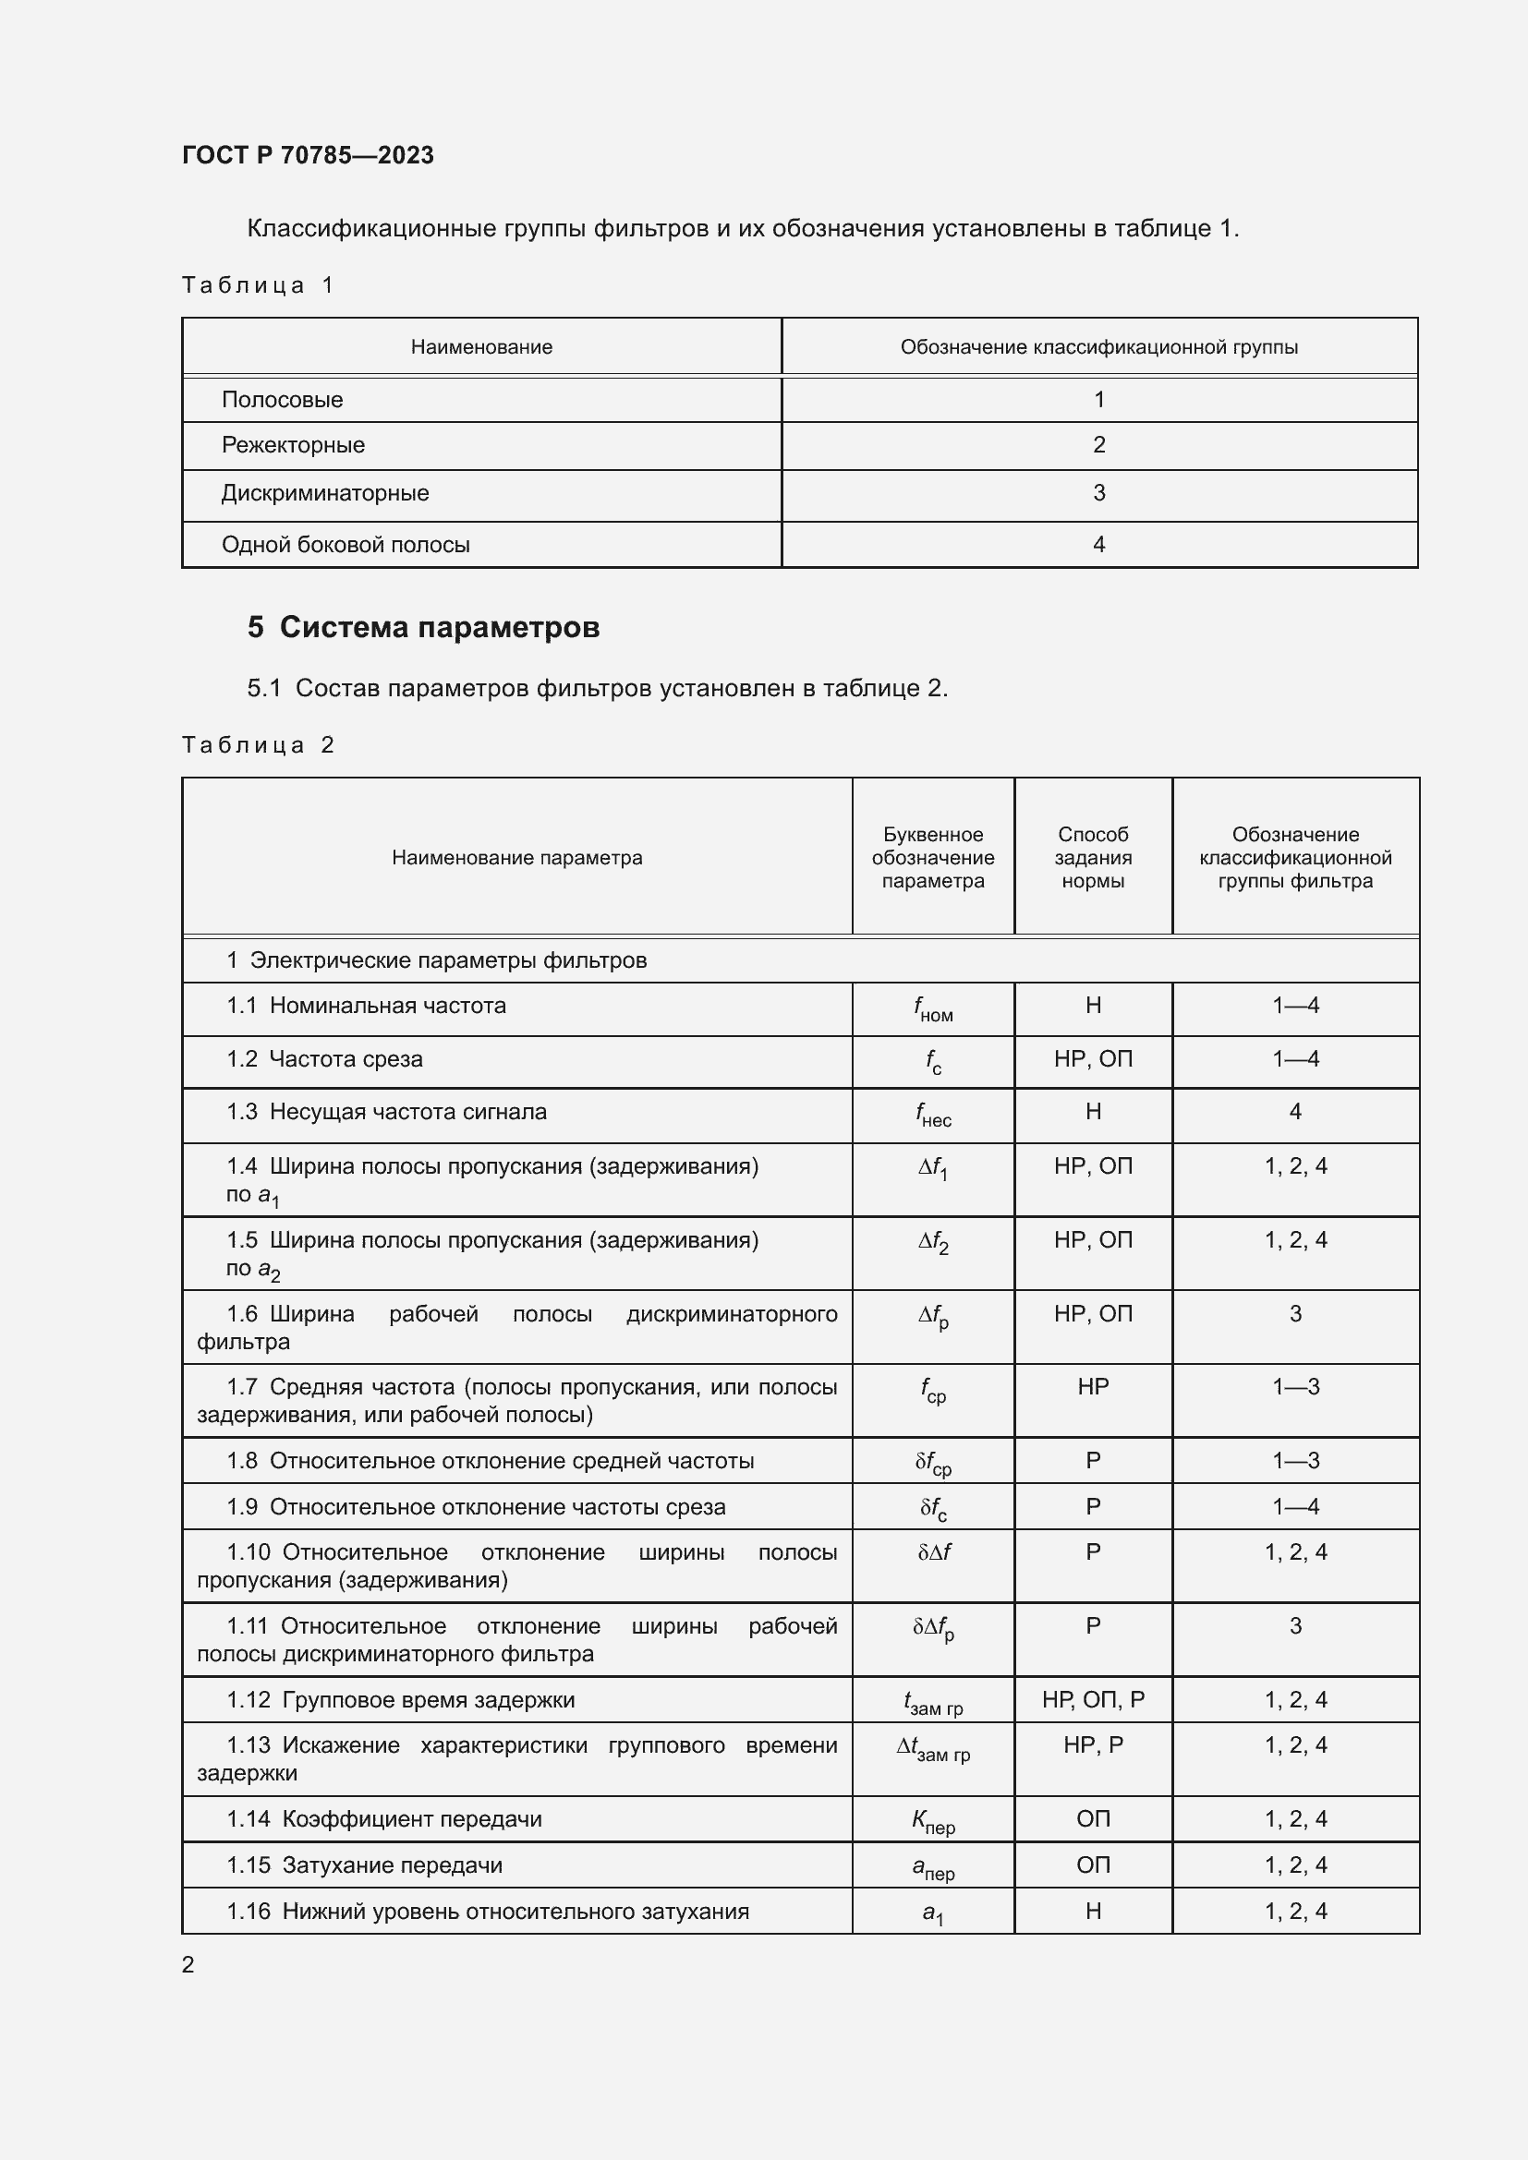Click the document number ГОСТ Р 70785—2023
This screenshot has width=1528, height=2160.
pos(308,155)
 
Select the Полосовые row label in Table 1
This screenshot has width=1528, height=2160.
pos(283,400)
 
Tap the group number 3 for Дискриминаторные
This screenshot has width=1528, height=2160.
pos(1098,493)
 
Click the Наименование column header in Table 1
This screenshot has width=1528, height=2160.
pos(480,347)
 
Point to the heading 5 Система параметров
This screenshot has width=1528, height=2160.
pos(423,627)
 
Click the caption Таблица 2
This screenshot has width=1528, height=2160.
pos(258,745)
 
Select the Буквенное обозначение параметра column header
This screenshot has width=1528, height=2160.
pos(932,857)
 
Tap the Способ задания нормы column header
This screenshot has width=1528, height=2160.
pos(1092,857)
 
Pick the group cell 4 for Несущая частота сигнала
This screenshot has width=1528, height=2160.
pos(1294,1112)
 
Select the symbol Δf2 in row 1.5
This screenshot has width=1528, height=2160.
pos(932,1243)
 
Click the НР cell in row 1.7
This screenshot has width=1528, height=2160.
pos(1092,1387)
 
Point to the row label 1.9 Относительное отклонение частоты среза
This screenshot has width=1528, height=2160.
pos(476,1507)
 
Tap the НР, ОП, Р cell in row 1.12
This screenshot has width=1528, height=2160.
pos(1092,1700)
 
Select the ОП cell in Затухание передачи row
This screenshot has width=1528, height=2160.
pos(1092,1865)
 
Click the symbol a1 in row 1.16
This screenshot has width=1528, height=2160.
pos(932,1913)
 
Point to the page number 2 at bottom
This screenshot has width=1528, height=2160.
pos(188,1964)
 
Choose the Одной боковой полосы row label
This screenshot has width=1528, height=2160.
pos(346,545)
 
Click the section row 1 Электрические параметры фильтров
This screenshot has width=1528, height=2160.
pos(437,960)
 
